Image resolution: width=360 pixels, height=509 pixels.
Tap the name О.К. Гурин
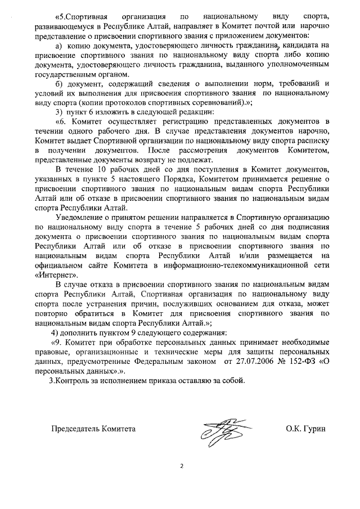pos(305,429)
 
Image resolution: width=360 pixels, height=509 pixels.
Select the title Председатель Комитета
pos(93,429)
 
